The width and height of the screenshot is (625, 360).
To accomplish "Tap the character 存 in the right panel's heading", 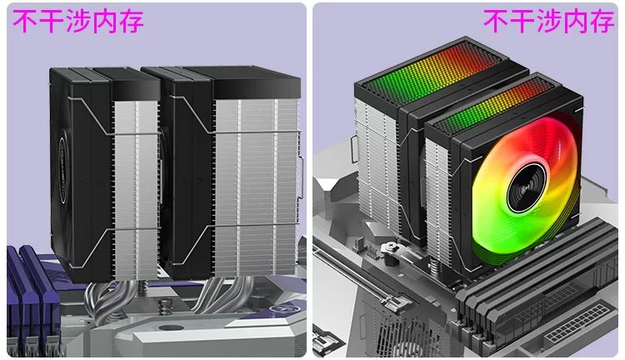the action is point(602,21).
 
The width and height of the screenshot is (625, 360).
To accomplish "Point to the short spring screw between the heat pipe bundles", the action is point(165,307).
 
